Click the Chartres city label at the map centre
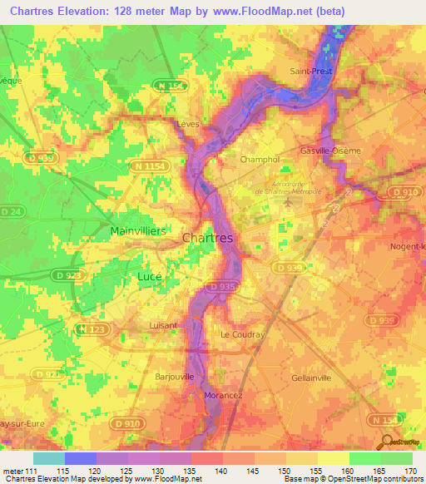click(x=207, y=238)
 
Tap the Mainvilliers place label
click(x=137, y=230)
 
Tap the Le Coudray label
click(x=242, y=334)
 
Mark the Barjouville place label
click(x=175, y=376)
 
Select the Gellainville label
click(x=312, y=377)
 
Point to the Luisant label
click(x=162, y=325)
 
